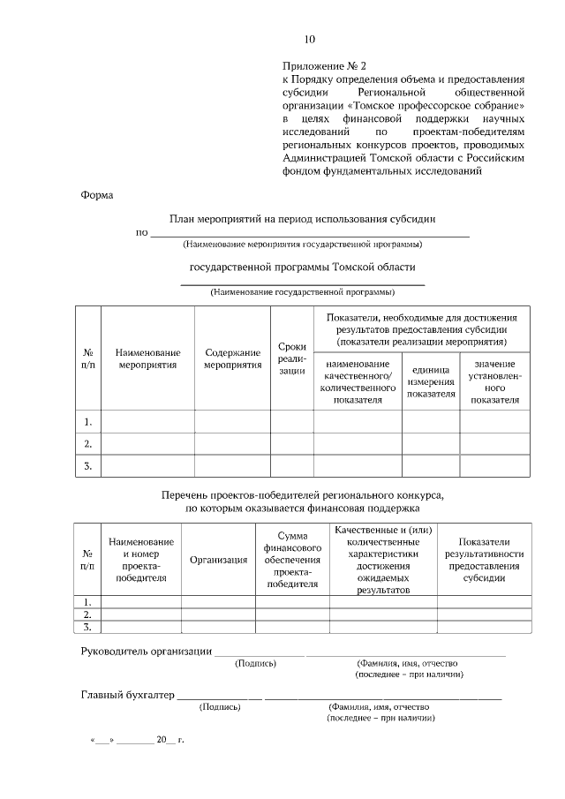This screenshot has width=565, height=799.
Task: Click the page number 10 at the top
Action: click(309, 39)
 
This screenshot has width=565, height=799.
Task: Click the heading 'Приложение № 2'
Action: click(323, 65)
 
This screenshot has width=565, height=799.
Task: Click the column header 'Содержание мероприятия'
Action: click(232, 358)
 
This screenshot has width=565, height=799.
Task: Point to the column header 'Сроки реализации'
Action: click(291, 358)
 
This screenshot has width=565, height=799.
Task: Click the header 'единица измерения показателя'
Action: click(431, 381)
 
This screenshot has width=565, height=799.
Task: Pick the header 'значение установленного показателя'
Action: click(494, 381)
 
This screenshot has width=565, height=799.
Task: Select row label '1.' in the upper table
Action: click(87, 421)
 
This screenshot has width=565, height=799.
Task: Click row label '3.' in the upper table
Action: click(87, 465)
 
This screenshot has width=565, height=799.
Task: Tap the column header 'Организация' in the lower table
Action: click(218, 560)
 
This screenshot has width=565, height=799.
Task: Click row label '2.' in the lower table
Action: click(87, 614)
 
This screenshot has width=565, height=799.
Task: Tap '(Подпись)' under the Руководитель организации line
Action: click(255, 663)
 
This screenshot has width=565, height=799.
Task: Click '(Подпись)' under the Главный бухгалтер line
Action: click(220, 707)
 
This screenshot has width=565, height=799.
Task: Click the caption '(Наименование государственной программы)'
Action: click(302, 291)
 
